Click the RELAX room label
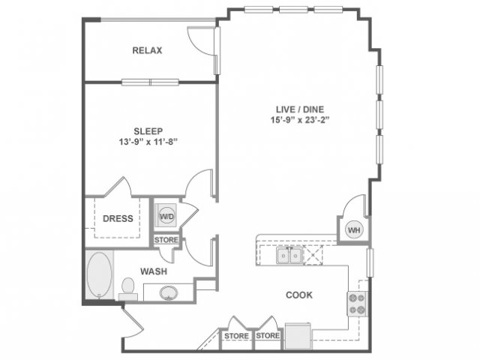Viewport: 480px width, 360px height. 147,50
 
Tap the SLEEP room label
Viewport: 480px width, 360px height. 148,131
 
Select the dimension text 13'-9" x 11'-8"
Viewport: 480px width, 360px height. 148,142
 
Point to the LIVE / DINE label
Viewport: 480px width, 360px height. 300,109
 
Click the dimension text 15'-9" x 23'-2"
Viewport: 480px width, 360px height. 300,120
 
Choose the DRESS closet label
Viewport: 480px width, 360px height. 118,218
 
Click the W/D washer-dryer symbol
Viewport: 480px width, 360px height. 166,217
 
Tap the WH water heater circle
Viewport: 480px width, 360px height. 354,229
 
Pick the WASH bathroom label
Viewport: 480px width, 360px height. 154,271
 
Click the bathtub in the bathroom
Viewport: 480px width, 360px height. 99,274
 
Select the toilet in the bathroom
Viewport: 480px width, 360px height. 128,289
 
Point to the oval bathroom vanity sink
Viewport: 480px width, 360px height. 169,293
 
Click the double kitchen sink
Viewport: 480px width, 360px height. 289,256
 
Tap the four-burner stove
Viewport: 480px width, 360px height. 357,304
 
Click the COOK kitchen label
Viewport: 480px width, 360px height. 299,295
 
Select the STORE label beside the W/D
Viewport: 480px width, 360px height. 166,240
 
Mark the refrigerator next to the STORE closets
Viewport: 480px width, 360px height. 298,336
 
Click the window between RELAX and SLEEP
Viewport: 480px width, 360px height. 150,82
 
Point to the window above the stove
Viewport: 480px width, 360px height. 370,263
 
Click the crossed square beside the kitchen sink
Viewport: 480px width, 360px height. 313,255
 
